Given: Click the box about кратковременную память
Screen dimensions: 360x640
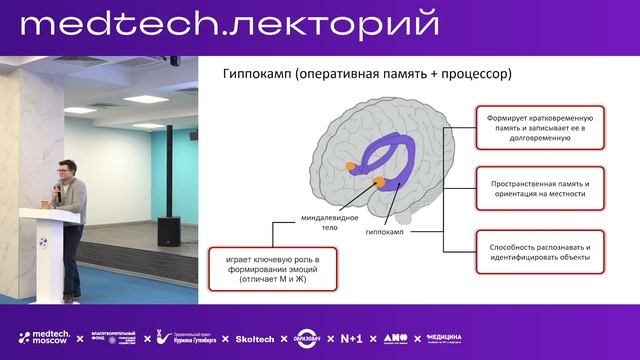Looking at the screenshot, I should coord(539,129).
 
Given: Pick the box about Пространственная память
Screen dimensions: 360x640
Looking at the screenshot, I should coord(539,190).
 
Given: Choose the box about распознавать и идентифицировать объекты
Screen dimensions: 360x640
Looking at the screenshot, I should coord(539,252).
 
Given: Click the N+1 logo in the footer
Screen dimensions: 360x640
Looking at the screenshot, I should coord(351,339).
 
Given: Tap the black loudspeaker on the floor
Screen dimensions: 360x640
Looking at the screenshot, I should coord(169,231).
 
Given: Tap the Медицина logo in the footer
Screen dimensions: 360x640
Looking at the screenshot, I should coord(444,339).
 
